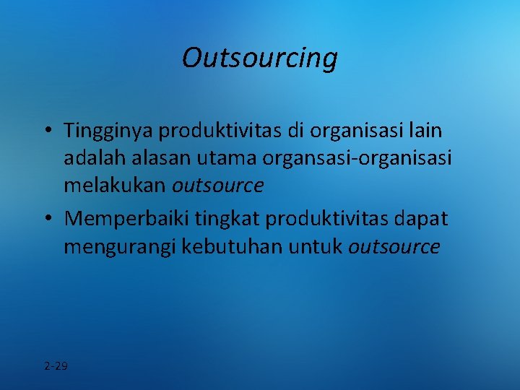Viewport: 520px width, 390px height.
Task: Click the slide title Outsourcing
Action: click(259, 58)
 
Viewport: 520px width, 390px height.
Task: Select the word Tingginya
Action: click(108, 132)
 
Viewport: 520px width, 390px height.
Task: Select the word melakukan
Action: click(115, 186)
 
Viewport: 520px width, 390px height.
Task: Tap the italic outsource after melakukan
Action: click(218, 186)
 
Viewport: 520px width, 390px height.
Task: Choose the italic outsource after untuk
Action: click(394, 246)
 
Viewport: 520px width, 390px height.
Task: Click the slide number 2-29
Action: click(56, 366)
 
